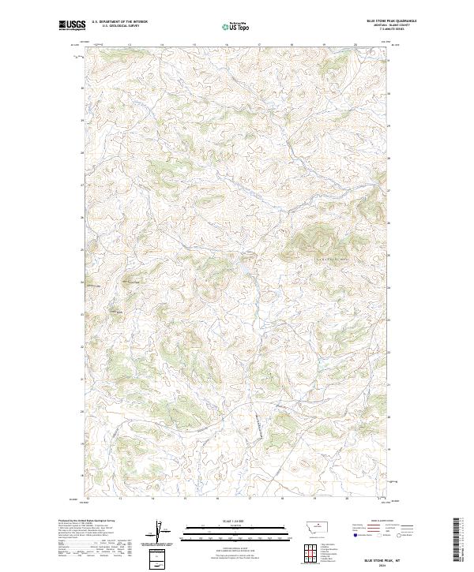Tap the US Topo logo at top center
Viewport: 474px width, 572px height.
click(x=235, y=26)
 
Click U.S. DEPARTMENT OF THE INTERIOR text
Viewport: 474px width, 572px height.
click(x=119, y=21)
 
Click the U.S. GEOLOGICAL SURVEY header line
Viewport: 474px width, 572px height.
click(x=119, y=25)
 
